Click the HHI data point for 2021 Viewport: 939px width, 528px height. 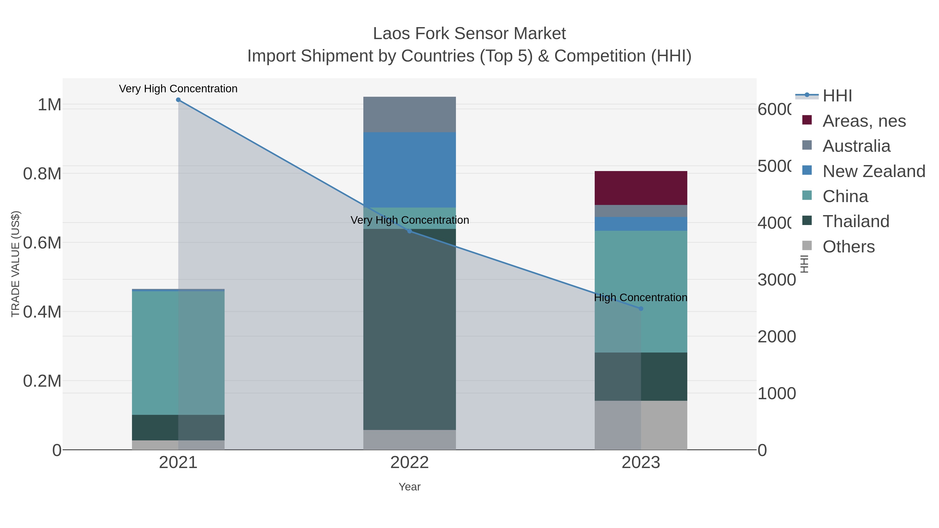[x=178, y=100]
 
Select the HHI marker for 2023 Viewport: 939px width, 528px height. [x=641, y=309]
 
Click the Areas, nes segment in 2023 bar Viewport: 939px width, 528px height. [x=641, y=188]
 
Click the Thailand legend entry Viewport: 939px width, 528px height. [x=856, y=222]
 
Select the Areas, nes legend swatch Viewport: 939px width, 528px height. [x=807, y=120]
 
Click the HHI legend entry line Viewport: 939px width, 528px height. [x=807, y=95]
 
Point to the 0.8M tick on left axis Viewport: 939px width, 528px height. [x=42, y=174]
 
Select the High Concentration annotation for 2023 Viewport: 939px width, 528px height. [x=640, y=298]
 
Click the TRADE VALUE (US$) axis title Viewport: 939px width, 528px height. [x=15, y=264]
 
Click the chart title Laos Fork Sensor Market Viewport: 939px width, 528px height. [x=469, y=34]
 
